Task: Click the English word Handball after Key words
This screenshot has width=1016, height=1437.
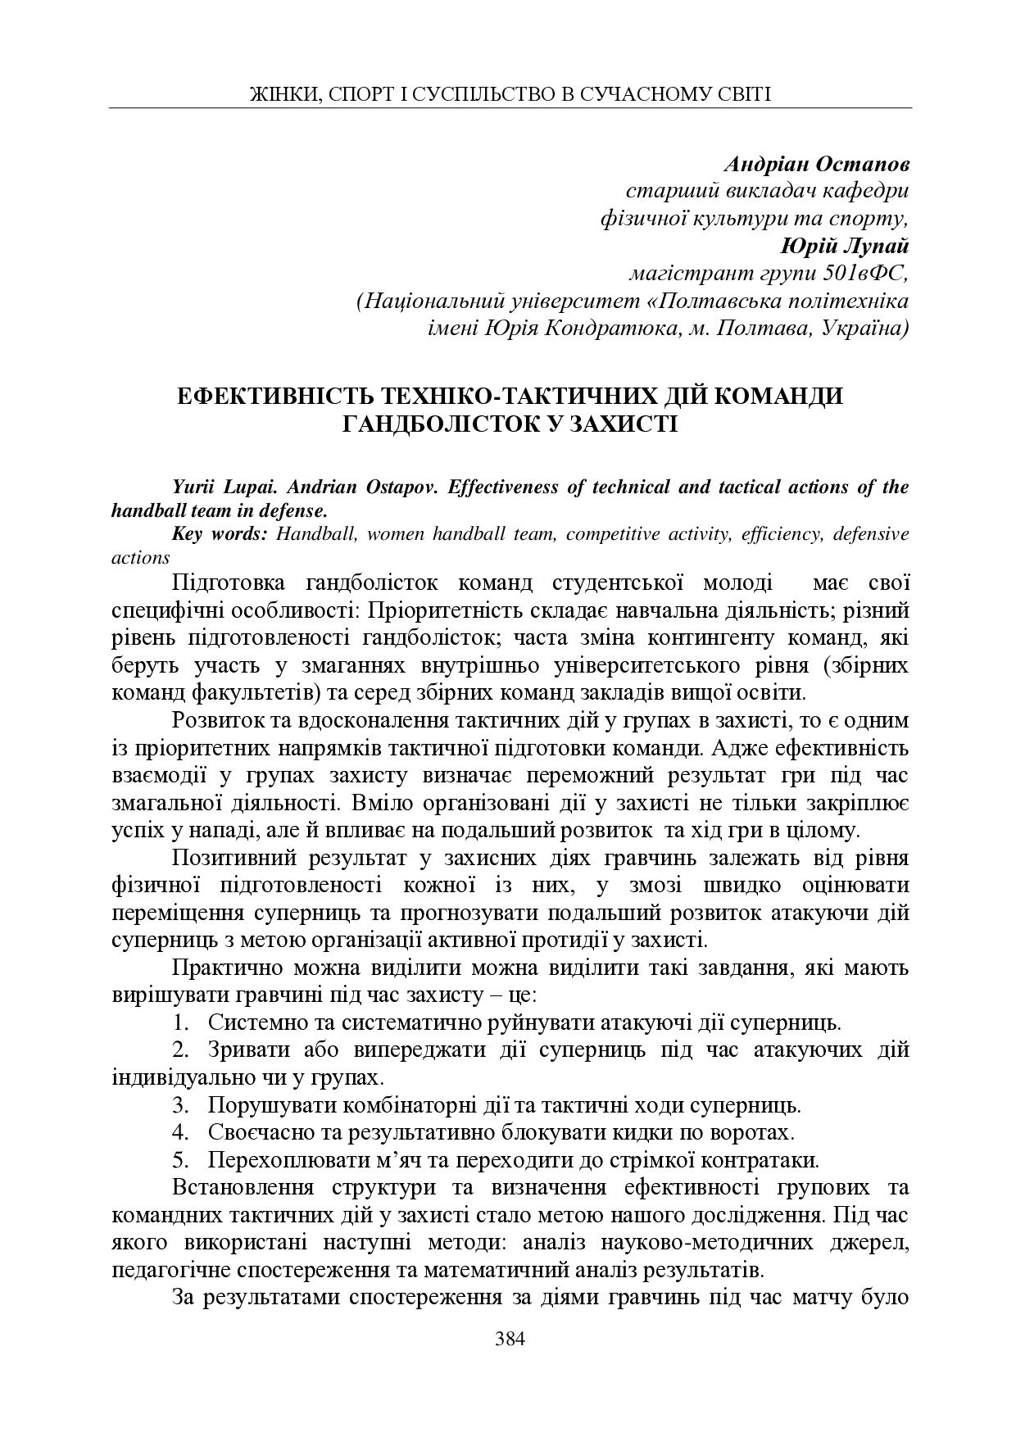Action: click(x=315, y=534)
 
